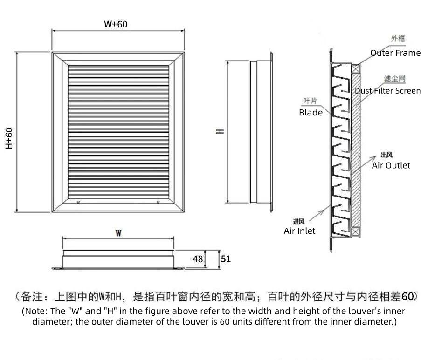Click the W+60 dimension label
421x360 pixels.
(x=115, y=24)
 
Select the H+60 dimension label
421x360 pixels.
(x=9, y=138)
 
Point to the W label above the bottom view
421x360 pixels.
(x=118, y=233)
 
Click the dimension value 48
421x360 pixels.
(x=198, y=259)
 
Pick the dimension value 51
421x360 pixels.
(x=226, y=258)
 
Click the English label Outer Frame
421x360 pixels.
(x=395, y=53)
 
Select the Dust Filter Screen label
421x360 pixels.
(x=387, y=91)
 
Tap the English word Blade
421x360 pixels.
(x=311, y=112)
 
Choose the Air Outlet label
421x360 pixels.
(x=391, y=165)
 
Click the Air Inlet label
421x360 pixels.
(x=299, y=231)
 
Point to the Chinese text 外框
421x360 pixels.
(x=396, y=39)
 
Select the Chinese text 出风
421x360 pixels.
(x=386, y=155)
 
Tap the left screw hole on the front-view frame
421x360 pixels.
(x=78, y=202)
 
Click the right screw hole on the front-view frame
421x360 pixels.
(x=159, y=202)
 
